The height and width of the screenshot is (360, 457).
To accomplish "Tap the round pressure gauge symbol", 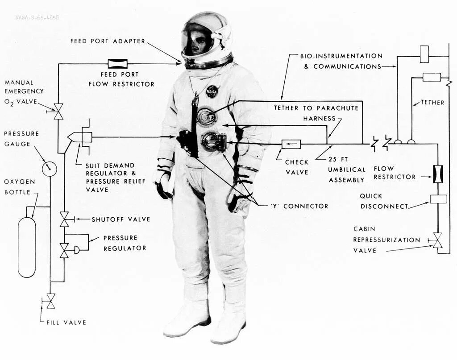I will point(50,169).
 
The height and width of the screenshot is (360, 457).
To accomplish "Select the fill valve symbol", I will point(50,302).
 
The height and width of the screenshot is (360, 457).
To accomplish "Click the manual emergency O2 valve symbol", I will point(58,111).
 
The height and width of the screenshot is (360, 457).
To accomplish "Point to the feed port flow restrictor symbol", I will point(118,64).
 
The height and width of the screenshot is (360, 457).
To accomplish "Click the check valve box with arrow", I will point(291,144).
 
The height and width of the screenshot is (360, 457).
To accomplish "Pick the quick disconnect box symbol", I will point(438,199).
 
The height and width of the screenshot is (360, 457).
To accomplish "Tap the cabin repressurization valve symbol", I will point(437,240).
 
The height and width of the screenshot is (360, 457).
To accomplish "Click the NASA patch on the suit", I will point(212,91).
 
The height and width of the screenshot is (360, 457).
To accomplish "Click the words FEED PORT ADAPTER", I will point(108,41).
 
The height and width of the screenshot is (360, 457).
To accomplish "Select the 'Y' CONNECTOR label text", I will point(299,206).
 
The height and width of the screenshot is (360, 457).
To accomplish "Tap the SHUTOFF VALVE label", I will point(121,219).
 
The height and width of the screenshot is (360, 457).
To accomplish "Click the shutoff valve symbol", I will point(64,219).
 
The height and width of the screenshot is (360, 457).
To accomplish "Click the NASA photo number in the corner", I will point(37,17).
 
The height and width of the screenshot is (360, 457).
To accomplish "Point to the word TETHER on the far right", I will point(432,103).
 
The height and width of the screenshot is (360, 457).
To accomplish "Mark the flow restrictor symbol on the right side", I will point(438,174).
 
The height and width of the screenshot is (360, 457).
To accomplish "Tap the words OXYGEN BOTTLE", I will point(20,187).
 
